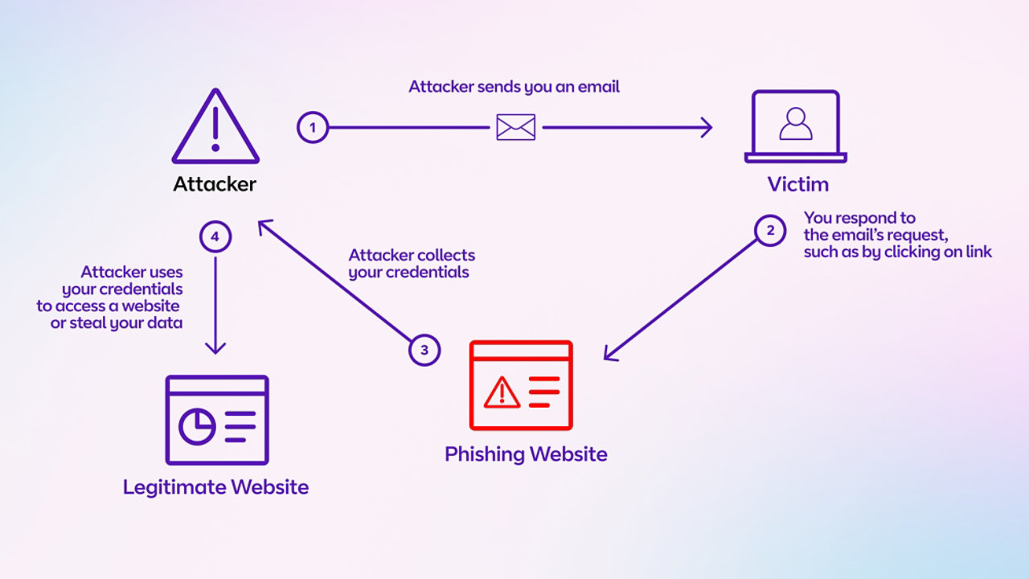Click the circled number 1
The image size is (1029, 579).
(313, 127)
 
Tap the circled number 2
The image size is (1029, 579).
(770, 231)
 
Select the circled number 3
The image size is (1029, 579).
(424, 350)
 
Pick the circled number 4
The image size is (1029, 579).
(215, 237)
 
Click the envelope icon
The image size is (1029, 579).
(515, 127)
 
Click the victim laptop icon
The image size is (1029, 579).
(795, 127)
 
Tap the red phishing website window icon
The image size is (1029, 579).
(521, 385)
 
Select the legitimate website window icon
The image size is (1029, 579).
(216, 419)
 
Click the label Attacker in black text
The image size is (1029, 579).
(215, 184)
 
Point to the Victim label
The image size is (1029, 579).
(797, 184)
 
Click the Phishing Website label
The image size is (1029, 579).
(526, 454)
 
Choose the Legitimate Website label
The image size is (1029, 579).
(215, 487)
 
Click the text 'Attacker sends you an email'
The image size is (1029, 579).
(514, 87)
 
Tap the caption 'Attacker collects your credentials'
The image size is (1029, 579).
(412, 264)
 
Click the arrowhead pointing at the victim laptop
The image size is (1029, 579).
(707, 127)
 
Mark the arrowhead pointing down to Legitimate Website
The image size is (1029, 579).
(215, 347)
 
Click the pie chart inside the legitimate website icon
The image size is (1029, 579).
(196, 426)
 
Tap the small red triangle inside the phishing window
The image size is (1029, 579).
(502, 392)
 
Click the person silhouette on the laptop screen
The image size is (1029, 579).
(796, 124)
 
